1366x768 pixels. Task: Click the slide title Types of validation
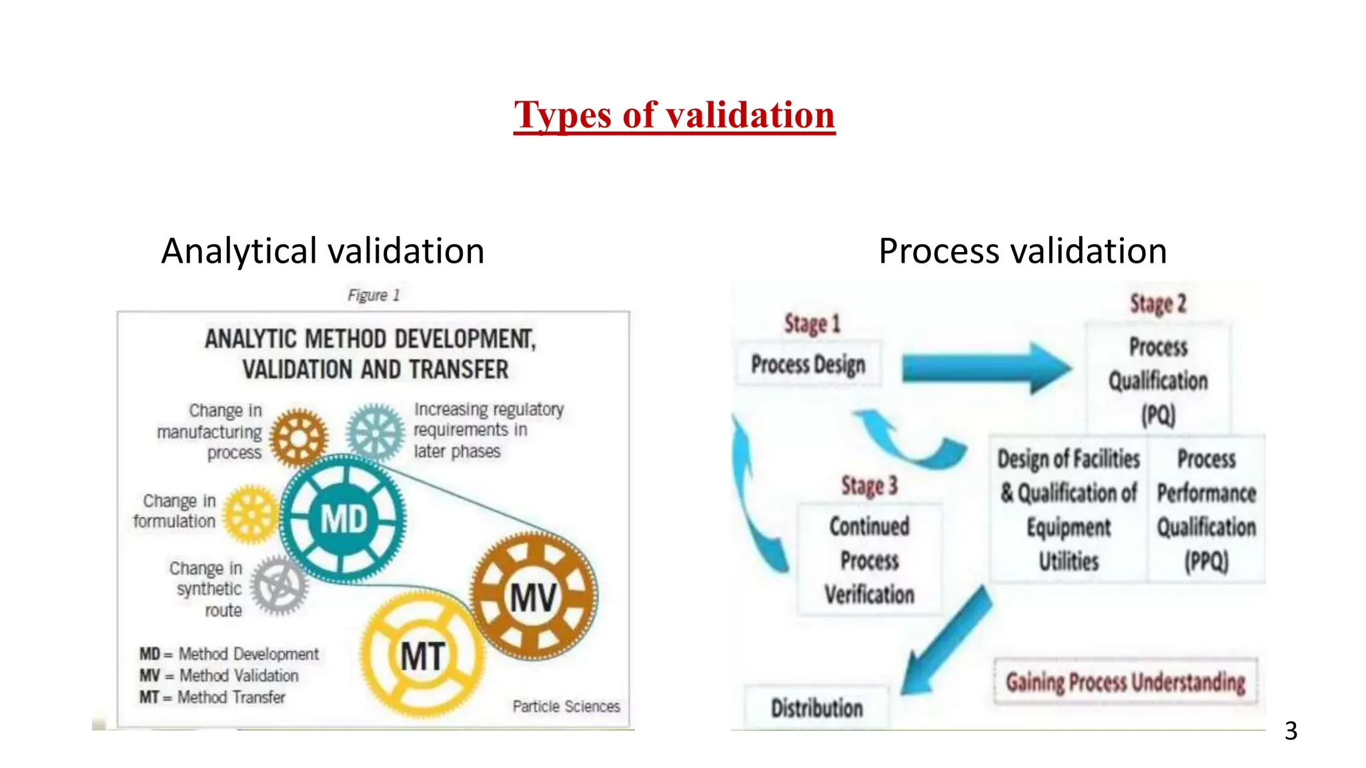pyautogui.click(x=674, y=115)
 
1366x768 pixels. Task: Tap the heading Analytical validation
pyautogui.click(x=323, y=251)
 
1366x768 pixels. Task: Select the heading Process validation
pyautogui.click(x=1022, y=251)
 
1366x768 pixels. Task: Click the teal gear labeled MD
pyautogui.click(x=344, y=518)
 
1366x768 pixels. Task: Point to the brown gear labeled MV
pyautogui.click(x=533, y=597)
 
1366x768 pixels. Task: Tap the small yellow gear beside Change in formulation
pyautogui.click(x=251, y=514)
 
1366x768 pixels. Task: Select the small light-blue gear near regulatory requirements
pyautogui.click(x=376, y=433)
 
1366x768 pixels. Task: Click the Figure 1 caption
pyautogui.click(x=374, y=295)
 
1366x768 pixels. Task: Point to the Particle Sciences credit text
pyautogui.click(x=566, y=706)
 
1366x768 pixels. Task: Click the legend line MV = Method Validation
pyautogui.click(x=219, y=675)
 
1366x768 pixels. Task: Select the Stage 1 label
pyautogui.click(x=812, y=324)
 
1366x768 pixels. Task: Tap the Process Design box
pyautogui.click(x=808, y=364)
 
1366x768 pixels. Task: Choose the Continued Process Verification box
pyautogui.click(x=869, y=560)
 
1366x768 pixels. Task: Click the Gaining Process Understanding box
pyautogui.click(x=1125, y=682)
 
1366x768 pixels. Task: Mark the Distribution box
pyautogui.click(x=816, y=707)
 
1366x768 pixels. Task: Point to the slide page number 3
pyautogui.click(x=1291, y=731)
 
